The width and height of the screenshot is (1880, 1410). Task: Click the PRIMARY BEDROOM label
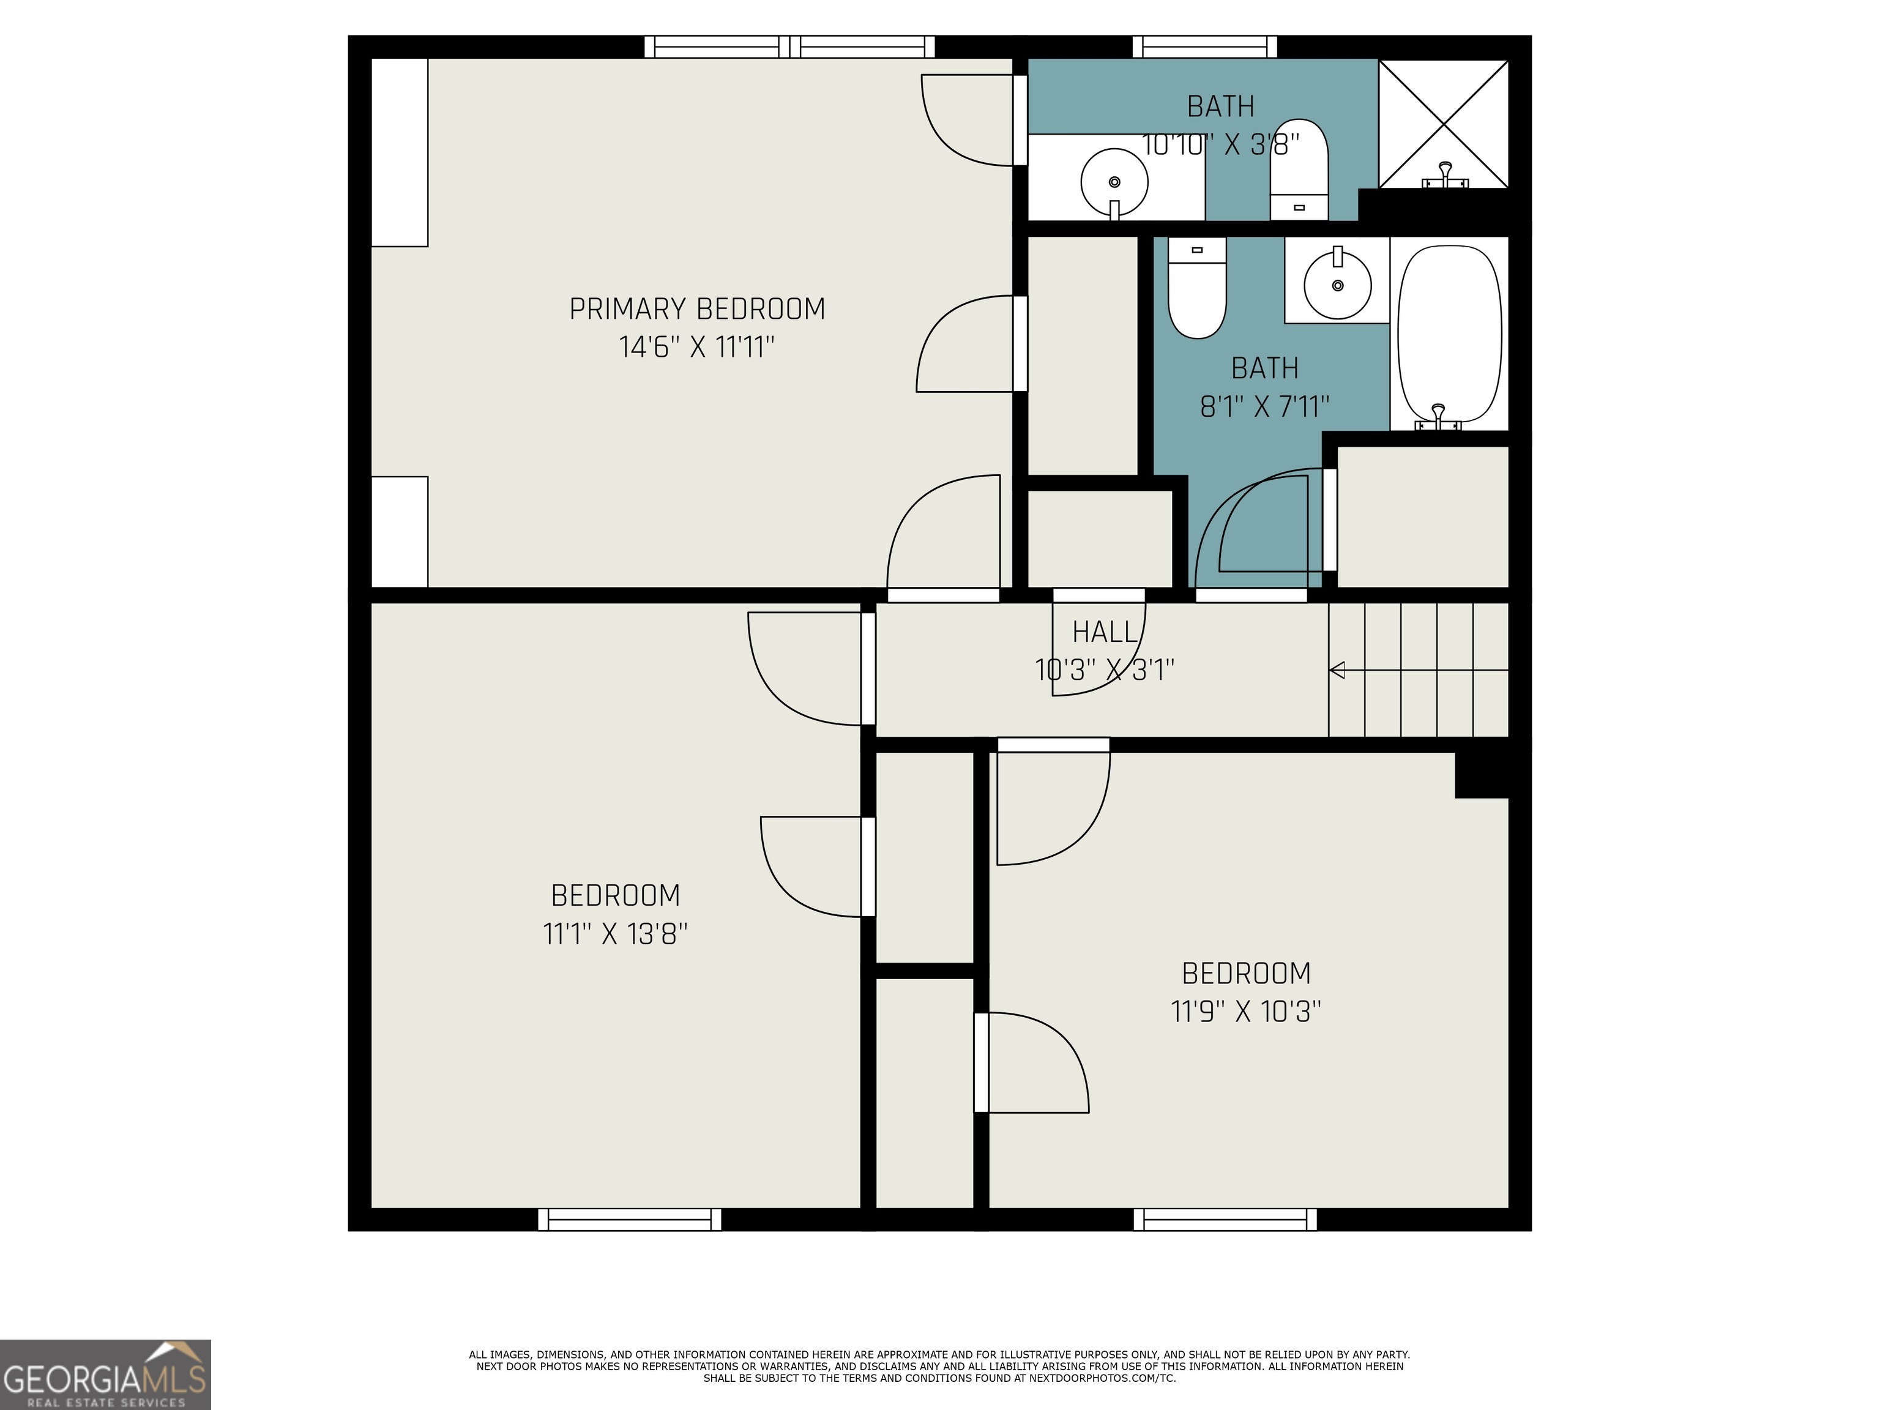697,308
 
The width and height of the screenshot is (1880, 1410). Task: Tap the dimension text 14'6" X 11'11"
697,347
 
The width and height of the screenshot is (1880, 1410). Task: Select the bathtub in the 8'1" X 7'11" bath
1450,334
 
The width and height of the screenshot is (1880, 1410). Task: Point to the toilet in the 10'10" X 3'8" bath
1299,169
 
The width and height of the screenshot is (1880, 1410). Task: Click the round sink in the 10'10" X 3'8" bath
1114,182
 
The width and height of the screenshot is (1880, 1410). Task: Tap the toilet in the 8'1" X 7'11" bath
1196,287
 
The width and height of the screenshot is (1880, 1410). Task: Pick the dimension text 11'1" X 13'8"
615,934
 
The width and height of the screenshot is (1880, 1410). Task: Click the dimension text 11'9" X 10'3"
1246,1012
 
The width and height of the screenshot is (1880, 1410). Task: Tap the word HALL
1105,632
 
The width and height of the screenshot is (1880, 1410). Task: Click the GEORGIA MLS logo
105,1375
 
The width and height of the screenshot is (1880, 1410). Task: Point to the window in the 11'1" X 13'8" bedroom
630,1220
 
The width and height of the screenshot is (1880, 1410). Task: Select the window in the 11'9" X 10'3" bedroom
1226,1220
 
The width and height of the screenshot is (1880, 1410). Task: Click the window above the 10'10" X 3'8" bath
1205,47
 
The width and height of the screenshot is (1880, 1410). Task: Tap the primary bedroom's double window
789,47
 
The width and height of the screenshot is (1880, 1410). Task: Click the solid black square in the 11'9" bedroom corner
1482,774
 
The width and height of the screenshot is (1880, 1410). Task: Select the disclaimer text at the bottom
939,1366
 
